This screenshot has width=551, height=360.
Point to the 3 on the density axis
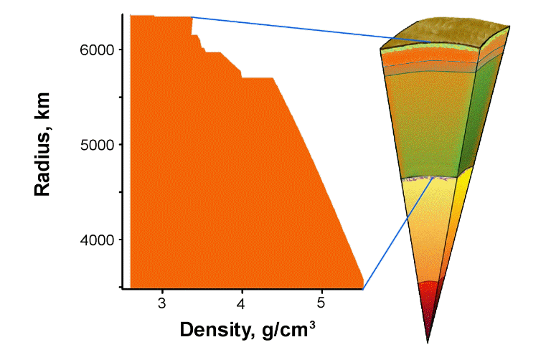162,302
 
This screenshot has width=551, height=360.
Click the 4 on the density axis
242,302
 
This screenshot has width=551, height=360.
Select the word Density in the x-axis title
213,330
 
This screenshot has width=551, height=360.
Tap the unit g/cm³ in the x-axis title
283,330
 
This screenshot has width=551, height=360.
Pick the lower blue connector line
398,231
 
